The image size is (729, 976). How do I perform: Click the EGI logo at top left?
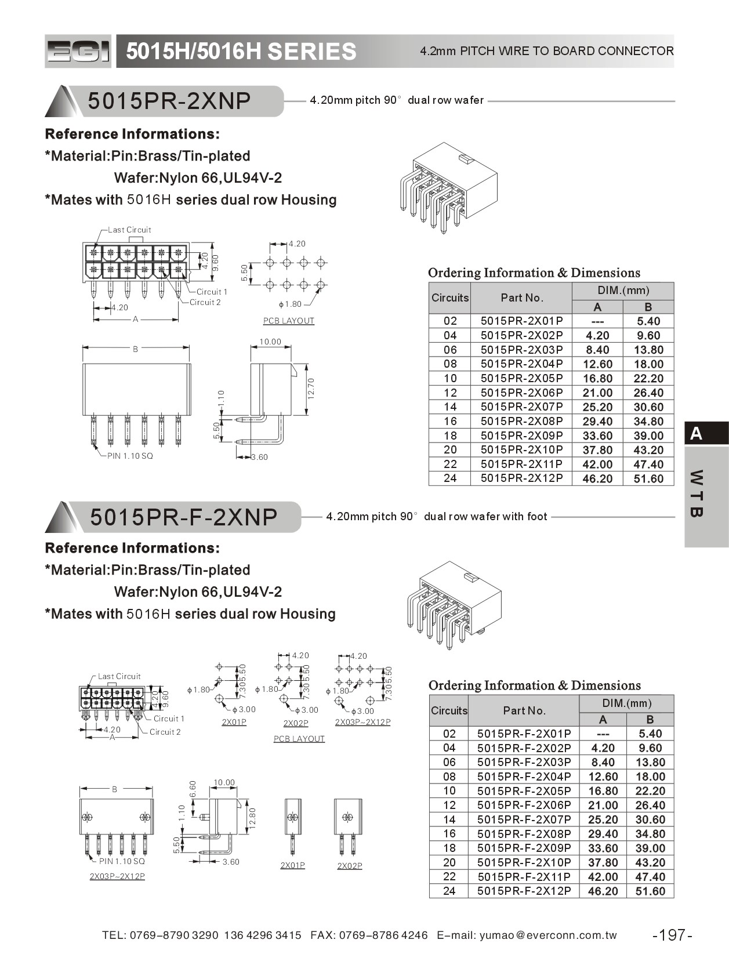pos(78,52)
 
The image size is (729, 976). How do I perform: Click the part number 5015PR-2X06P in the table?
pos(521,393)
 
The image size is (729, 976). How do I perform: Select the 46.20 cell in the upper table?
pos(597,479)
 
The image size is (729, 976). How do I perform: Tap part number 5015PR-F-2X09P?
pos(524,848)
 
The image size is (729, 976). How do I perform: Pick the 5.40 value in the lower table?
pos(650,734)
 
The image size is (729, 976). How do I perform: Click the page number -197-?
pos(672,935)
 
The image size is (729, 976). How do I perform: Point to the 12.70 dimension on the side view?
pos(311,388)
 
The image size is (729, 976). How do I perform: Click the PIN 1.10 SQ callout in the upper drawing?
pos(130,456)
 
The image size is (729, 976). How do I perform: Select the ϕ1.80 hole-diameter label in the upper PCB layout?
pos(290,304)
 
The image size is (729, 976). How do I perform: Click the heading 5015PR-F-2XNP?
pos(184,517)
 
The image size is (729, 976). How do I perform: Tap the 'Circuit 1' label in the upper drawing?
pos(212,292)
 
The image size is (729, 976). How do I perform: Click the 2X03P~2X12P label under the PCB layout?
pos(362,722)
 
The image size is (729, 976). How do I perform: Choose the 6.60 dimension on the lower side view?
pos(193,788)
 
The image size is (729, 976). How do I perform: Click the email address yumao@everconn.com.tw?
pos(548,935)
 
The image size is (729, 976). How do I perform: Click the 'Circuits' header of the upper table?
pos(449,297)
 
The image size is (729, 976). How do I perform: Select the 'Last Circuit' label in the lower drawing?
pos(119,676)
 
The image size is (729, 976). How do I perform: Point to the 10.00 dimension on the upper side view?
pos(270,342)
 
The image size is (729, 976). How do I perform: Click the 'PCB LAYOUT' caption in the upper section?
pos(288,321)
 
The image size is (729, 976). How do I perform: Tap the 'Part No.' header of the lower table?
pos(524,710)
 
